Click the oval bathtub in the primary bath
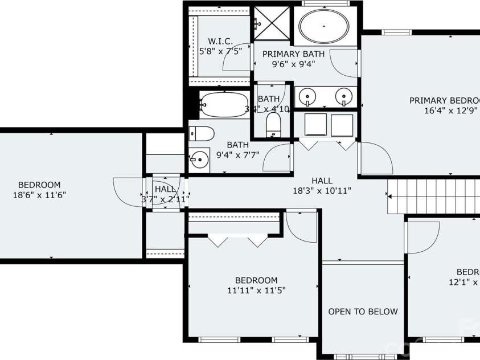(x=323, y=26)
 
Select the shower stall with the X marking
(x=271, y=23)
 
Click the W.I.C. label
(x=220, y=41)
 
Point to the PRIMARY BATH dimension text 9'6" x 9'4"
(x=293, y=64)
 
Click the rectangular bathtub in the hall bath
(x=224, y=105)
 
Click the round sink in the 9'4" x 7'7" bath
(x=199, y=159)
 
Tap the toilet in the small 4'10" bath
(x=274, y=124)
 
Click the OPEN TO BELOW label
(x=363, y=312)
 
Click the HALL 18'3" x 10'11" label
(x=322, y=186)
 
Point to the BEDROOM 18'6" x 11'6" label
(x=39, y=190)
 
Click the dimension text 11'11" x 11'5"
(x=256, y=290)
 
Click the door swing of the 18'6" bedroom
(x=126, y=193)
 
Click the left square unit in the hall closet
(x=315, y=125)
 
